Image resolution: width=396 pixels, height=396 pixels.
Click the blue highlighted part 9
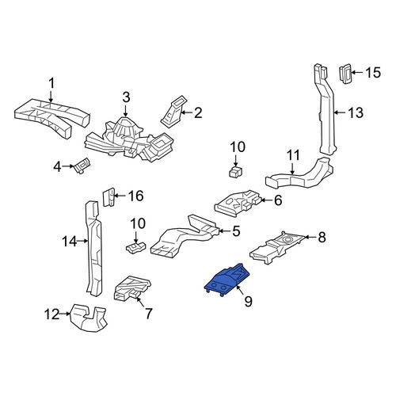[x=227, y=280]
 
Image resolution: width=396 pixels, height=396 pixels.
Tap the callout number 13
[x=356, y=112]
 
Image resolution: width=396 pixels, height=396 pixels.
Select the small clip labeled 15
[x=345, y=74]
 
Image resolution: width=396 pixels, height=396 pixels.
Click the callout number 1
[x=52, y=83]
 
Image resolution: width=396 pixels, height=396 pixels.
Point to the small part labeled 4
[x=82, y=166]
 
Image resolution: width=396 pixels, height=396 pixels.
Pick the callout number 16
[x=135, y=196]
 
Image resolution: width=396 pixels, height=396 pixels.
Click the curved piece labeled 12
[x=88, y=318]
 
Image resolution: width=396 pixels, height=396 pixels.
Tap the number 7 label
[x=148, y=314]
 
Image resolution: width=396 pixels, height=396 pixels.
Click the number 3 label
[x=127, y=97]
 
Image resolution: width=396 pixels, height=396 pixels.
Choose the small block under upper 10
[x=236, y=172]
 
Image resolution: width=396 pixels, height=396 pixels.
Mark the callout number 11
[x=293, y=155]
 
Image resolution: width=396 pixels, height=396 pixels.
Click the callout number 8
[x=322, y=238]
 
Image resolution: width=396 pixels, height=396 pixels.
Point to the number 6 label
[x=278, y=200]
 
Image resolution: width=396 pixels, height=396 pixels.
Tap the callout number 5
[x=236, y=231]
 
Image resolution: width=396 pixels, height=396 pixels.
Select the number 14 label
[x=69, y=242]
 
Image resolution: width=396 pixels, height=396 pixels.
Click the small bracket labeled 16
[x=109, y=197]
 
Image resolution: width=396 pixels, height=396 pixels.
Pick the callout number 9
[x=248, y=301]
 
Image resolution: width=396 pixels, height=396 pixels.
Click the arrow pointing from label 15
[x=357, y=73]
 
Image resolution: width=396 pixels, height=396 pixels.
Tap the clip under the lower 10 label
[x=135, y=248]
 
